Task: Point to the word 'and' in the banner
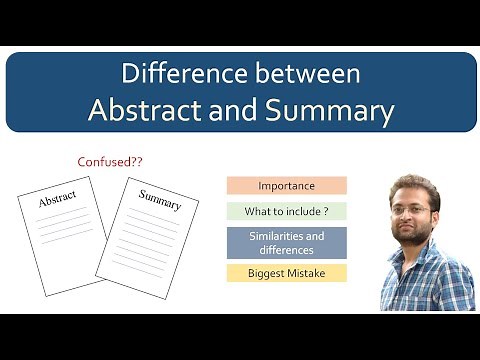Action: [234, 111]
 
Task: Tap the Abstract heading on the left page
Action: [57, 201]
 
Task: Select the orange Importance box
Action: [286, 185]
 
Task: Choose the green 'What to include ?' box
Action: [286, 211]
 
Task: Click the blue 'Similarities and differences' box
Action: [286, 243]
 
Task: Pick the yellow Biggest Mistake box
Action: [286, 272]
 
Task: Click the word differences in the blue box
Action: [286, 250]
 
